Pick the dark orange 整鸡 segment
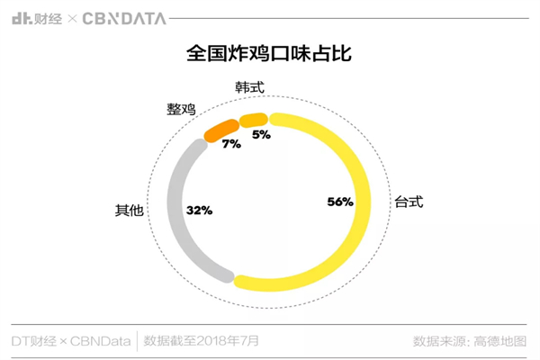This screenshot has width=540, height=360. [x=219, y=130]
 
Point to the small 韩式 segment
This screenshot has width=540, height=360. [x=253, y=119]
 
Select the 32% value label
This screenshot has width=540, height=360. [x=198, y=210]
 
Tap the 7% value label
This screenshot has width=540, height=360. [x=230, y=144]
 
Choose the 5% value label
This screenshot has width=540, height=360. [x=261, y=135]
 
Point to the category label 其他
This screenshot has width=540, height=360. [x=129, y=211]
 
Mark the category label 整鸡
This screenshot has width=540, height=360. [x=181, y=108]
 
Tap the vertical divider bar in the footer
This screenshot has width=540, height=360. [x=137, y=341]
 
